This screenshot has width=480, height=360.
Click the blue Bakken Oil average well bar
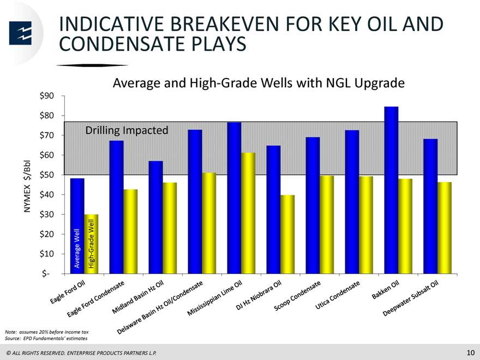(391, 190)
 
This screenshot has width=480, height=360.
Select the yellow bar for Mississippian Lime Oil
(248, 213)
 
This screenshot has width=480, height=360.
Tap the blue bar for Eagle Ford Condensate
(117, 207)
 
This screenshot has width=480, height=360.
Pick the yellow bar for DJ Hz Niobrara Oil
(287, 234)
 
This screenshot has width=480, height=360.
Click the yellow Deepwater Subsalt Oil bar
(445, 228)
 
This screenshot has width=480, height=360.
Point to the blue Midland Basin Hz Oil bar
(156, 217)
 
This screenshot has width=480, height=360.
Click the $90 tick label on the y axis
(46, 96)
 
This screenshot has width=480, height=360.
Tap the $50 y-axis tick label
(46, 175)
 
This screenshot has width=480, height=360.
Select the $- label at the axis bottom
(46, 273)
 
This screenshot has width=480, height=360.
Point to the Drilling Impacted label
(127, 130)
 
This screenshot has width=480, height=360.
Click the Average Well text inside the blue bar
(77, 248)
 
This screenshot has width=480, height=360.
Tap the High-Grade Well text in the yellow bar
(91, 244)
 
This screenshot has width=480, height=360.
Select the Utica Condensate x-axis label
(337, 295)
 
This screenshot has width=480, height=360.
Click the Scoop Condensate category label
(297, 296)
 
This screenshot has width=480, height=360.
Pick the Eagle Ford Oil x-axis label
(67, 292)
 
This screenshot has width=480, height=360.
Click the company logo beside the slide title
(20, 33)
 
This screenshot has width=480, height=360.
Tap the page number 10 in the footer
(471, 352)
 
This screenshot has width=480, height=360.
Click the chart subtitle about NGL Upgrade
(259, 83)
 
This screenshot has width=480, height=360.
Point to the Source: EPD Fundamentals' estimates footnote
(46, 338)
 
